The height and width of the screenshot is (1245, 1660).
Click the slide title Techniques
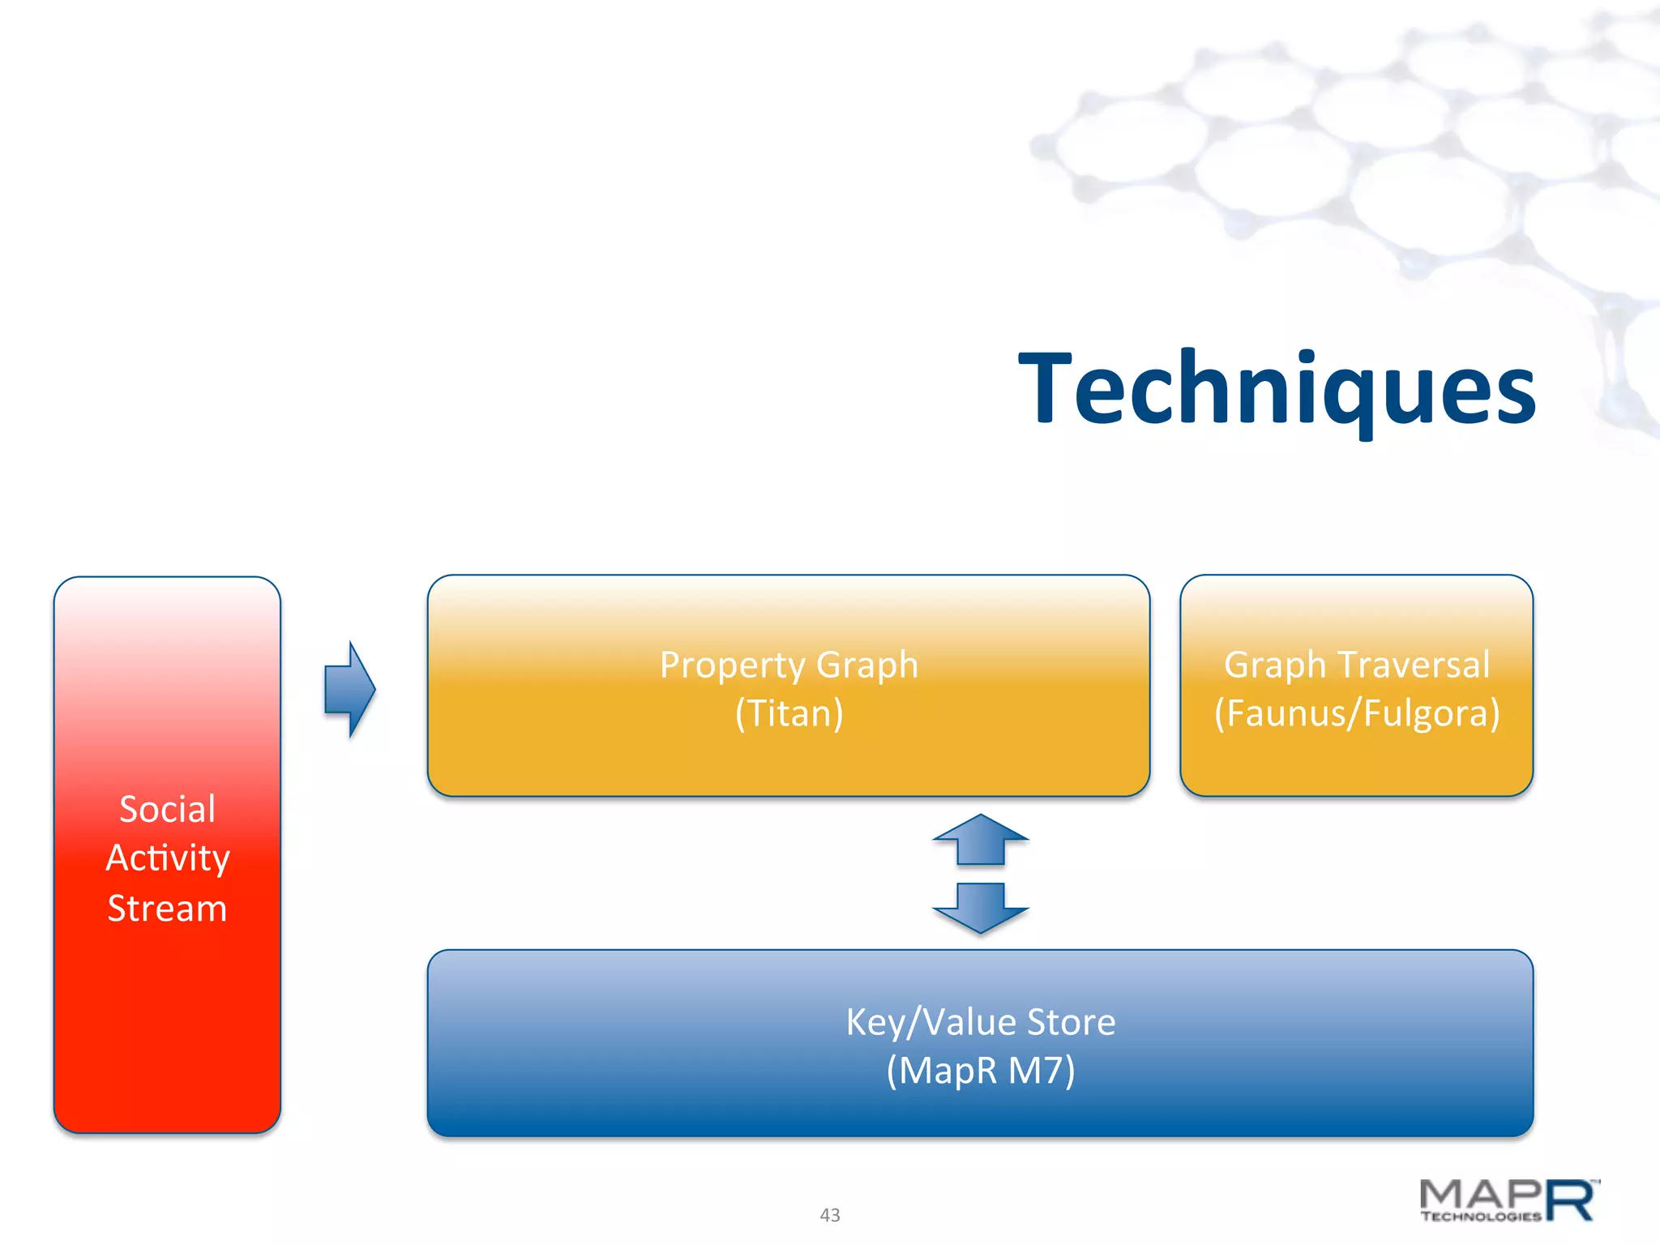point(1277,389)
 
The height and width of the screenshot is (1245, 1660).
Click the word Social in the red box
point(167,809)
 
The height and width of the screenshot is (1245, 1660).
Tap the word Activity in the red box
point(168,858)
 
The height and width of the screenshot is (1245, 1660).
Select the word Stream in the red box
point(167,909)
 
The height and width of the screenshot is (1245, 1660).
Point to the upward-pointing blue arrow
point(981,840)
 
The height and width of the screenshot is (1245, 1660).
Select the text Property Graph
point(789,665)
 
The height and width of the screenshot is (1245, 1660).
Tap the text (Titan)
point(789,714)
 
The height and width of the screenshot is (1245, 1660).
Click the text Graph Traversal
point(1356,665)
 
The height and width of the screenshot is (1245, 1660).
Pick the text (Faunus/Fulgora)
point(1356,713)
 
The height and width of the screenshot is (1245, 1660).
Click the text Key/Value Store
point(981,1022)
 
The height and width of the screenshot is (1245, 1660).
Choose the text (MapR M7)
point(981,1071)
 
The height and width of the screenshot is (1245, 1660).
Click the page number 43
point(830,1215)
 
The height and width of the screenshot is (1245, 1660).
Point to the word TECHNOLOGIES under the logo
point(1480,1217)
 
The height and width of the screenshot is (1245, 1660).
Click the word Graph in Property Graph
point(866,665)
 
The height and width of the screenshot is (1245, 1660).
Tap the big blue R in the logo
point(1572,1200)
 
